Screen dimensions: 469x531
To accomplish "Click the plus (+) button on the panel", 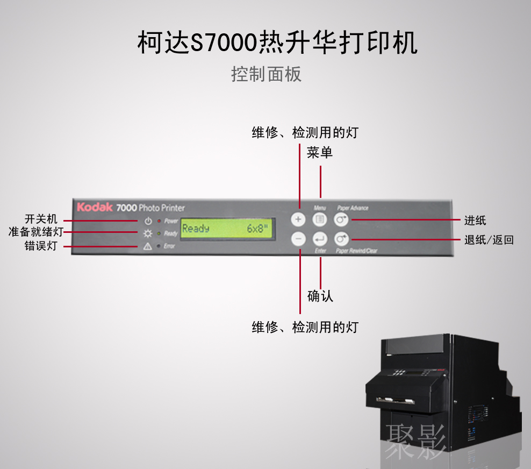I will coord(299,219).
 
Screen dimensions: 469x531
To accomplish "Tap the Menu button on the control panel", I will coord(320,219).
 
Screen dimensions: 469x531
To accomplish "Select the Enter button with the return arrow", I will coord(320,238).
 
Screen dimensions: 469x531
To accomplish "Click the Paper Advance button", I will coord(341,219).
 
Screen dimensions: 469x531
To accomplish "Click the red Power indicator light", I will coord(159,221).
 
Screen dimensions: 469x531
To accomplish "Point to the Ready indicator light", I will coord(159,233).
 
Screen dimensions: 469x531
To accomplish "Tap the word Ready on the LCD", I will coord(196,229).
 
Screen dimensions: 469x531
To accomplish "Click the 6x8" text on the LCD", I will coord(257,229).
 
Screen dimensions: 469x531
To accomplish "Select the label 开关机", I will coord(41,219).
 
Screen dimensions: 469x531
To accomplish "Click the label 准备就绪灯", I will coord(35,232).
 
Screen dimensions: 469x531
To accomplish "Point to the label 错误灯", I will coord(41,246).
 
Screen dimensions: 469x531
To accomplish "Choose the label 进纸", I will coord(475,219).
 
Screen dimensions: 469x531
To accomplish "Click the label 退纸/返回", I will coord(489,240).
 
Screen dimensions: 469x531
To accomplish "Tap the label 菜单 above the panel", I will coord(320,153).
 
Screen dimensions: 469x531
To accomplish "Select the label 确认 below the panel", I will coord(320,296).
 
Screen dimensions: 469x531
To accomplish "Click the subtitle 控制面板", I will coord(266,74).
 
